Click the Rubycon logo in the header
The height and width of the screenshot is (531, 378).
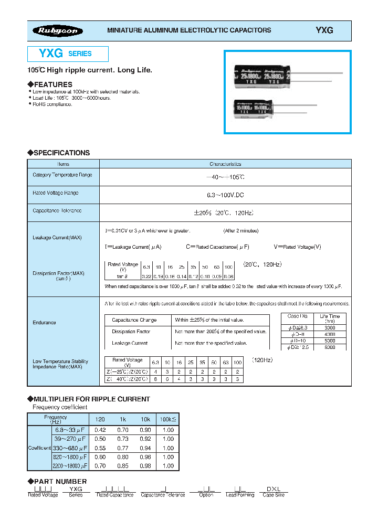(58, 31)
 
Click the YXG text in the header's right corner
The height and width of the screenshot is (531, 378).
(324, 31)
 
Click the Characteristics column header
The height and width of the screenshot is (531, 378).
(225, 164)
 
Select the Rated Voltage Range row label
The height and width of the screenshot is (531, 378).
(56, 193)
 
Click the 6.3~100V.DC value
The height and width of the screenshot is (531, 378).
(225, 195)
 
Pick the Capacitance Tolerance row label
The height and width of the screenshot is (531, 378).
(57, 210)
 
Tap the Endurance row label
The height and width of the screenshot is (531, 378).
(45, 323)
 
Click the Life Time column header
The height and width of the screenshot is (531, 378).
(330, 318)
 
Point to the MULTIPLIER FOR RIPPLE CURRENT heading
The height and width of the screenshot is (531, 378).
(92, 399)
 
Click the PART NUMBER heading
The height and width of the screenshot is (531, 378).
(60, 481)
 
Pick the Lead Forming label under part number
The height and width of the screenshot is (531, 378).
(240, 495)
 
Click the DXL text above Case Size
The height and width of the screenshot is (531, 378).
(274, 488)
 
